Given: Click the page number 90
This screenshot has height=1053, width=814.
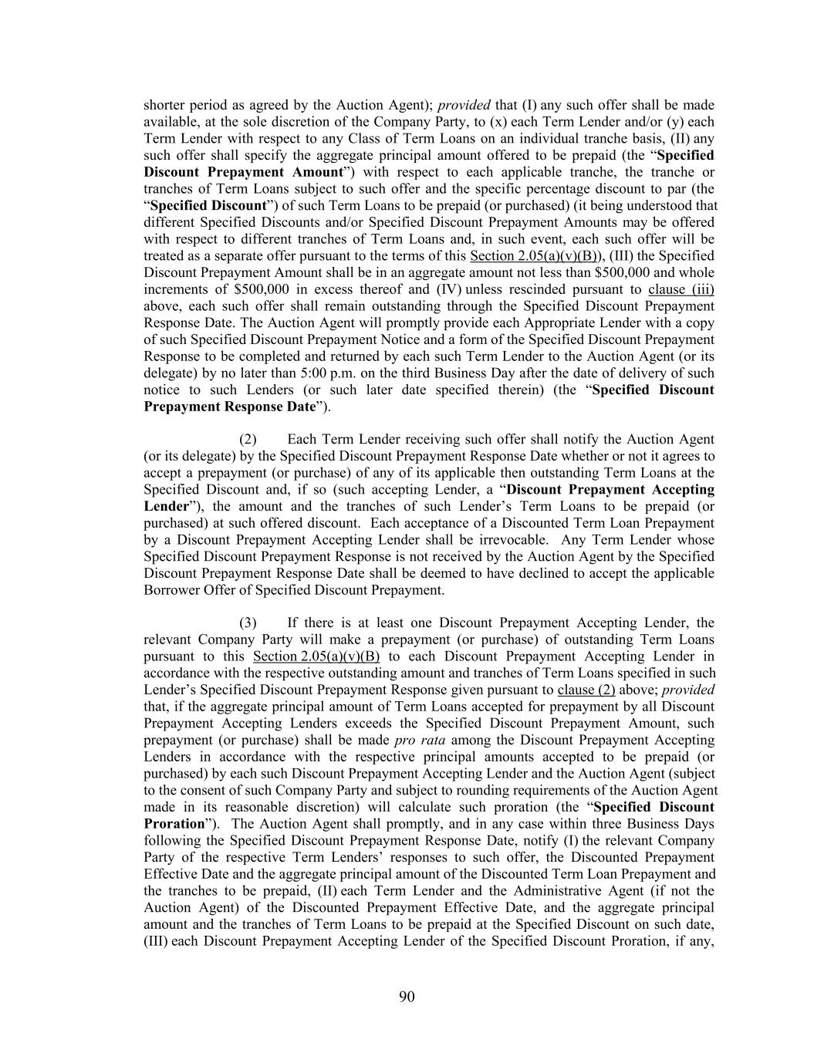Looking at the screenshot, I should tap(407, 997).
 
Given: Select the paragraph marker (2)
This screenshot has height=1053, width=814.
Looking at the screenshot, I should tap(248, 440).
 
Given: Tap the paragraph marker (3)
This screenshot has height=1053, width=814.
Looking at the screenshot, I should tap(248, 623).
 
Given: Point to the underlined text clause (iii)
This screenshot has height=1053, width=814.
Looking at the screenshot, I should tap(681, 290).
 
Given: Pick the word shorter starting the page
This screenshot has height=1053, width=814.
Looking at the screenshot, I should tap(164, 105).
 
